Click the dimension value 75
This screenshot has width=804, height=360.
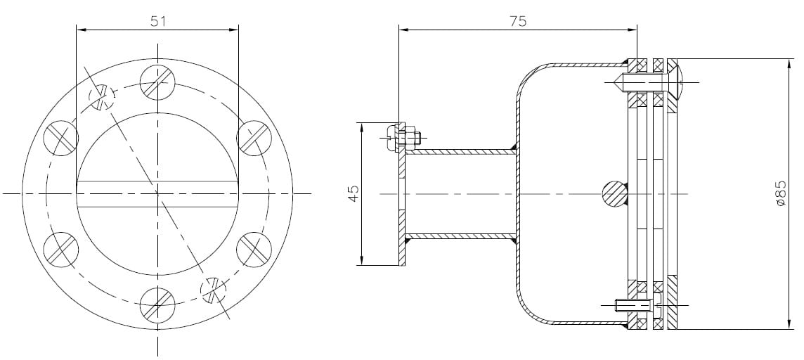point(517,21)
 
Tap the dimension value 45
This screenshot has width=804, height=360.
point(354,193)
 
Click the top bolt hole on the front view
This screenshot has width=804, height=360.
point(157,82)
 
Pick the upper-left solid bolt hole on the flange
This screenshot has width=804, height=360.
point(61,138)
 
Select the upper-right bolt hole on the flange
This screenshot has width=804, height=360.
point(254,138)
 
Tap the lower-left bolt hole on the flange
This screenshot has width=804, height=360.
point(61,249)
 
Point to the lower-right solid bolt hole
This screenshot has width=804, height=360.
point(254,249)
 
